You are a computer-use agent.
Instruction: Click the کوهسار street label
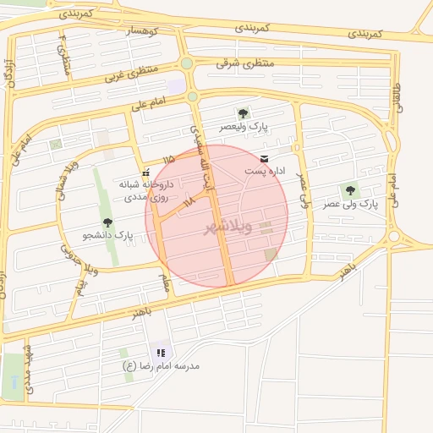pyautogui.click(x=142, y=30)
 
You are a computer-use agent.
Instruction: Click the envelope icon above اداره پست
pyautogui.click(x=265, y=158)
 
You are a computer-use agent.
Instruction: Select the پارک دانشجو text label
pyautogui.click(x=108, y=234)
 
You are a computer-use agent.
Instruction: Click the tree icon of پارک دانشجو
pyautogui.click(x=107, y=222)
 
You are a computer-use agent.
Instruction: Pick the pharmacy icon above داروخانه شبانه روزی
pyautogui.click(x=145, y=172)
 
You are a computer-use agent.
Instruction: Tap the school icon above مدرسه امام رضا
pyautogui.click(x=160, y=353)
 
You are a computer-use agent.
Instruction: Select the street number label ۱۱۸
pyautogui.click(x=189, y=201)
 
